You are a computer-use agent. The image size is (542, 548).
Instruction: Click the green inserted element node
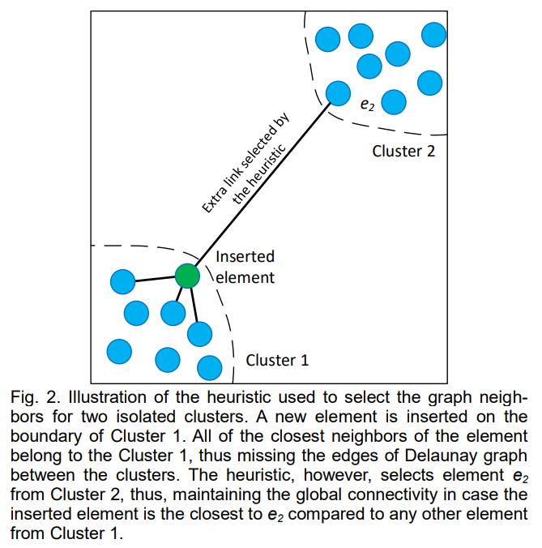coord(187,276)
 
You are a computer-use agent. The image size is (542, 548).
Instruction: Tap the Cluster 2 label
coord(403,152)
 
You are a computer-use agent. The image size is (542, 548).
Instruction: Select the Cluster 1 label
coord(277,360)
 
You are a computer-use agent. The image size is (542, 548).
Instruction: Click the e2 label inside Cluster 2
coord(367,104)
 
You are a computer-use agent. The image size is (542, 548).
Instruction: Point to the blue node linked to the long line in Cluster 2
coord(338,93)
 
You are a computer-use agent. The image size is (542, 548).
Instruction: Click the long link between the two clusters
coord(262,184)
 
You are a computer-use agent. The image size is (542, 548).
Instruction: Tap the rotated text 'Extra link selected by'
coord(245,163)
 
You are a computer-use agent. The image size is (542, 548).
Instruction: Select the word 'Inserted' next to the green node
coord(245,256)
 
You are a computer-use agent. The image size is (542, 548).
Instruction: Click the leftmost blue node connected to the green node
coord(122,281)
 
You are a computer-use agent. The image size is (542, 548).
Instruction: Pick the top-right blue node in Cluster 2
coord(433,35)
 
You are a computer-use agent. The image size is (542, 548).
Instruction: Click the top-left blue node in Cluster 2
coord(327,39)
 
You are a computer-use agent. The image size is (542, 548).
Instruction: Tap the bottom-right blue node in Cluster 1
coord(210,368)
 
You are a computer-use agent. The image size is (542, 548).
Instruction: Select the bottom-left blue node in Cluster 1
coord(119,352)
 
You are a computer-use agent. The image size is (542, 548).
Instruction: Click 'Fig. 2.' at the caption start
coord(36,398)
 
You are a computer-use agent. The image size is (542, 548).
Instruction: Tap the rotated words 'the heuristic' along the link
coord(259,174)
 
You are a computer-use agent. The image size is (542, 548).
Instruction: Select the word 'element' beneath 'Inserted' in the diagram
coord(245,277)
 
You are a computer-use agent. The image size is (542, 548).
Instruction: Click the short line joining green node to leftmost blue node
coord(155,279)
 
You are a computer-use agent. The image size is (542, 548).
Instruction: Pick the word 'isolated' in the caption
coord(145,417)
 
